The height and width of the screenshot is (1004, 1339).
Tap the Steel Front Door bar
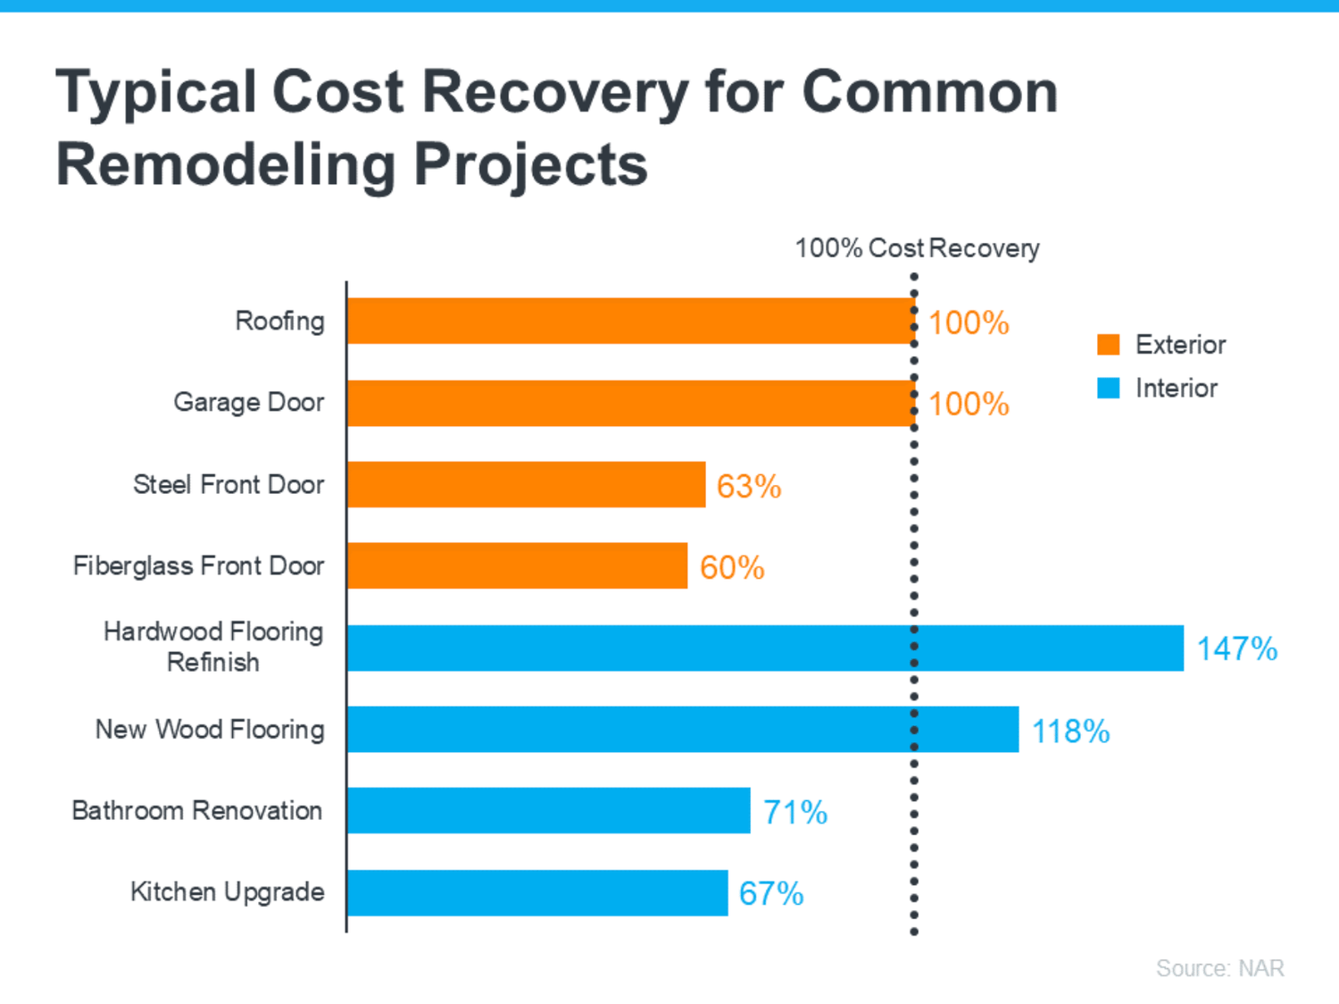526,484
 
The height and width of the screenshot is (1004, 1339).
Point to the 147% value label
1236,648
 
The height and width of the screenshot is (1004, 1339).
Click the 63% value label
749,486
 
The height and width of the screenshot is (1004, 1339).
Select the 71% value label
795,812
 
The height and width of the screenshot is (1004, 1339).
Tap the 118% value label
1070,731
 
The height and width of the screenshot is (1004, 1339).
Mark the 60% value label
732,567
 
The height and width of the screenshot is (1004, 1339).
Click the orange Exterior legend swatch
1108,345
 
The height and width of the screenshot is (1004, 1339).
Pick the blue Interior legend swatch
1108,389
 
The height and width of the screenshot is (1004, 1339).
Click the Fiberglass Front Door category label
198,565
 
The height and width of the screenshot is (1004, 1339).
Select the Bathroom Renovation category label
197,810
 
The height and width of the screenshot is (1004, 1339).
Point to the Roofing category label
279,321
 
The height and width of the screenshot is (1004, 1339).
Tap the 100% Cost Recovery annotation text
917,247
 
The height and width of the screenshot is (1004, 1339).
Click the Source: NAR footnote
1219,968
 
